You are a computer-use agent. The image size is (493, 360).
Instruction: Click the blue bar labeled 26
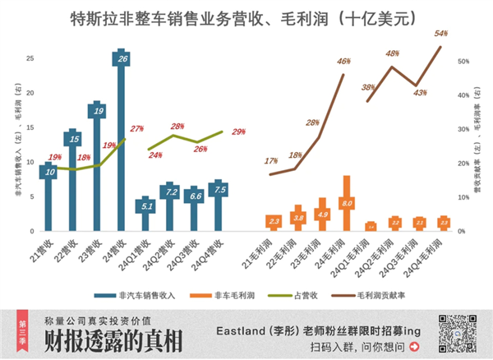click(x=122, y=140)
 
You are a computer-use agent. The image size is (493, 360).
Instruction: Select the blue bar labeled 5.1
click(x=146, y=215)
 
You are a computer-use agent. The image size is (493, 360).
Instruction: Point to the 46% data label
click(x=343, y=62)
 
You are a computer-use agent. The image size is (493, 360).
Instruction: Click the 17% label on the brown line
click(x=271, y=161)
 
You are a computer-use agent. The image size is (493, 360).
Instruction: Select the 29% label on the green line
click(x=238, y=132)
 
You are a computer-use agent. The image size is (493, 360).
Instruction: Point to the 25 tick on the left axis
click(x=30, y=58)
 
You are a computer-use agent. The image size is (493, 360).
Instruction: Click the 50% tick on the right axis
click(x=463, y=62)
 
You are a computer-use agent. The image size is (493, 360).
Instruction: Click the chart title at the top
click(x=246, y=16)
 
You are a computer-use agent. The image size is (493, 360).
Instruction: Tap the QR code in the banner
click(x=456, y=333)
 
